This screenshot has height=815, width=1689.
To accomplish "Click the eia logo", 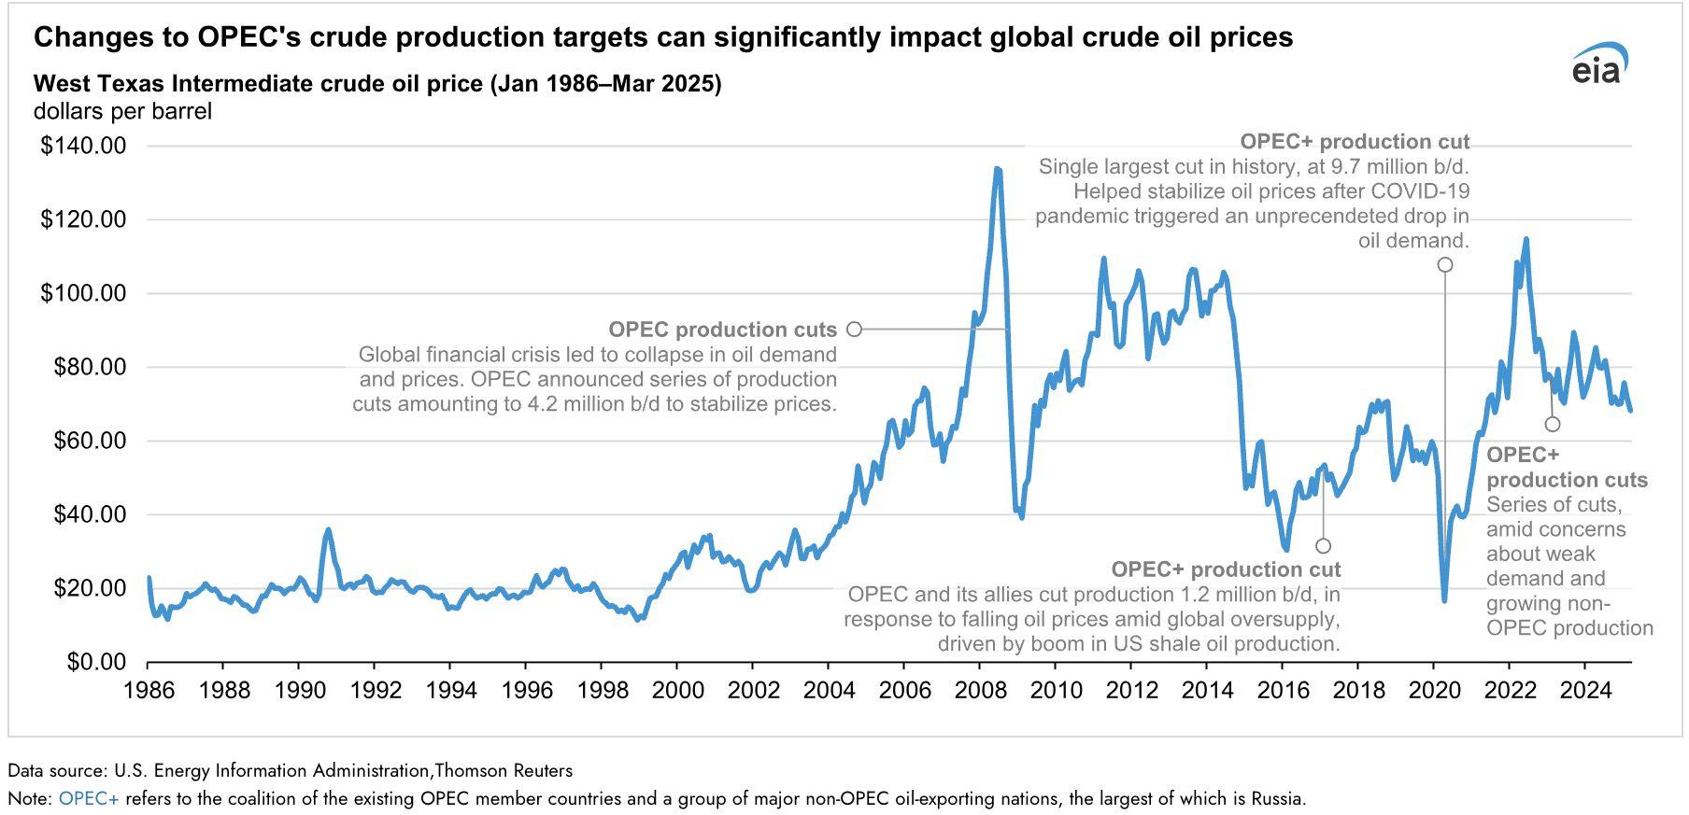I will click(1598, 63).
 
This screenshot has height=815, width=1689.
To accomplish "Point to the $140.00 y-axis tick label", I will click(83, 146).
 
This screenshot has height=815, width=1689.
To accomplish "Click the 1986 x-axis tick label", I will click(149, 691).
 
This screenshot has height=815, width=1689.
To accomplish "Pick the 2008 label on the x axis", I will click(979, 691).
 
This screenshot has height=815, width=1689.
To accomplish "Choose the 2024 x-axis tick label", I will click(1584, 691).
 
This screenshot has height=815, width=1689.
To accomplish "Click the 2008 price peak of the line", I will click(998, 170).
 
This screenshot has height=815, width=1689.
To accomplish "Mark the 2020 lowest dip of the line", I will click(1444, 599).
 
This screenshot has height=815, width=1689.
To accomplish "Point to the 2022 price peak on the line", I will click(1526, 240).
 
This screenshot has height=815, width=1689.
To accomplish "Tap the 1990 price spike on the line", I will click(328, 530).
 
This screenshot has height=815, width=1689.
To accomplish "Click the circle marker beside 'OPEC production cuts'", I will click(854, 329).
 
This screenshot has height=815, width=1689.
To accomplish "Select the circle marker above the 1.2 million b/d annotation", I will click(1323, 545).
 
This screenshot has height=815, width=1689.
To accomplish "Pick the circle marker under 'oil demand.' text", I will click(1445, 265).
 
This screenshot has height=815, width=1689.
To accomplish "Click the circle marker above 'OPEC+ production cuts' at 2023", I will click(1553, 424).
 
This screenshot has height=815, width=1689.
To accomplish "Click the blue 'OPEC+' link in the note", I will click(89, 799).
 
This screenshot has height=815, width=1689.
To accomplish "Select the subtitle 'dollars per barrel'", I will click(122, 111).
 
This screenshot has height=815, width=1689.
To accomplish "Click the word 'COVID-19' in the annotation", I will click(1426, 191).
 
